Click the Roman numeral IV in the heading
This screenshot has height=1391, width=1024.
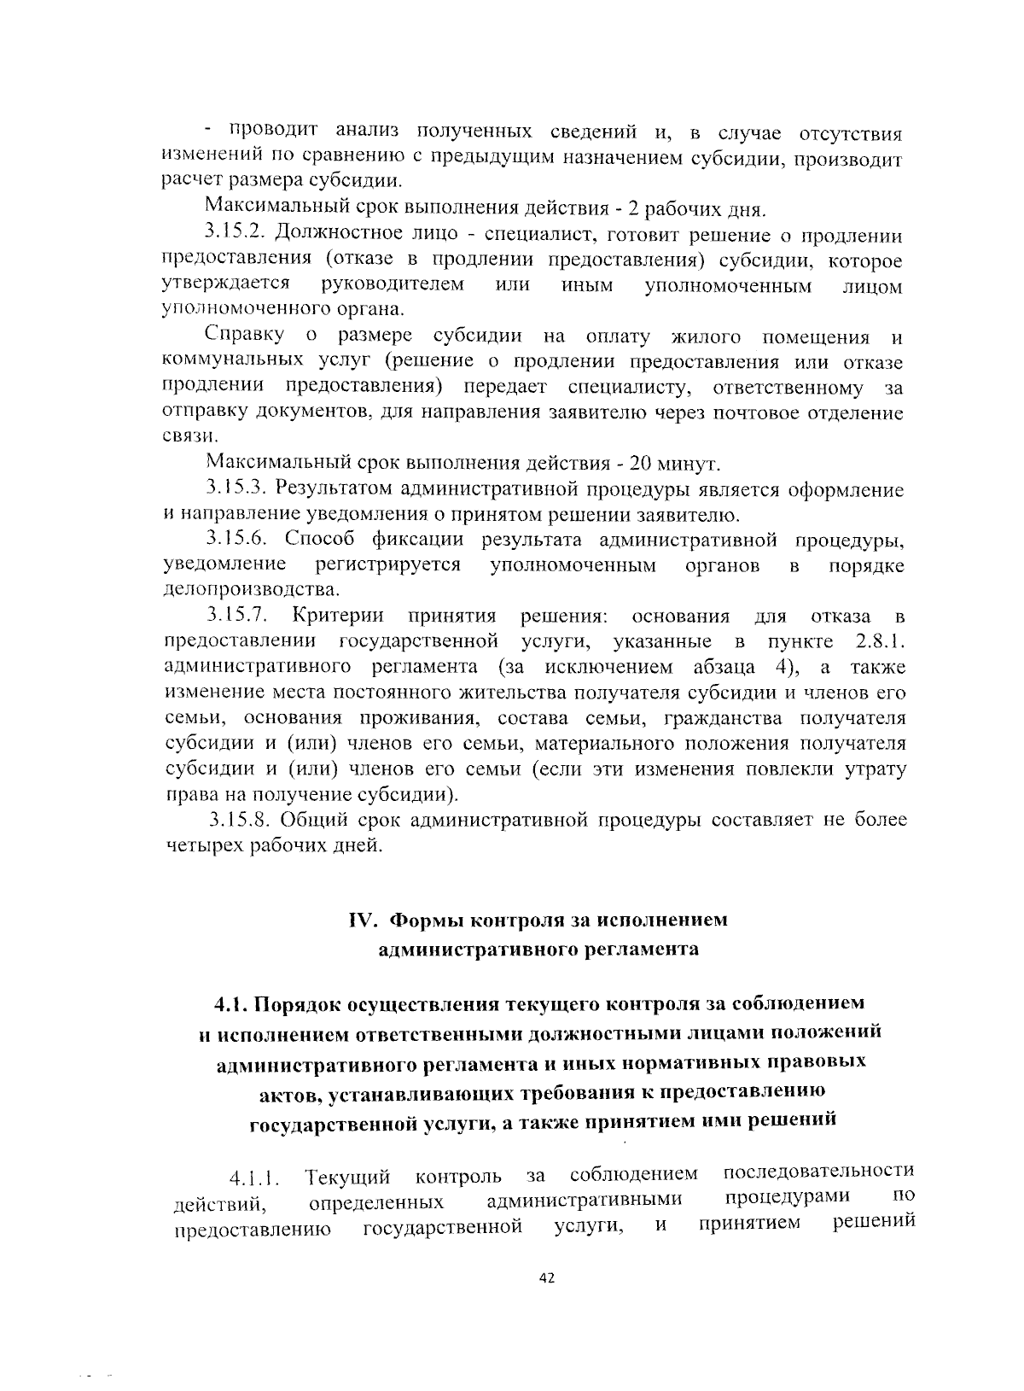click(363, 921)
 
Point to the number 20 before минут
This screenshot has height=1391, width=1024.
click(641, 465)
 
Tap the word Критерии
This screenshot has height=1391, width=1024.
click(338, 617)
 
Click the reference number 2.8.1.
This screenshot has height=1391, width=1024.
click(879, 642)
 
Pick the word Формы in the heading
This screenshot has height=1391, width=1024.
click(426, 921)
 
